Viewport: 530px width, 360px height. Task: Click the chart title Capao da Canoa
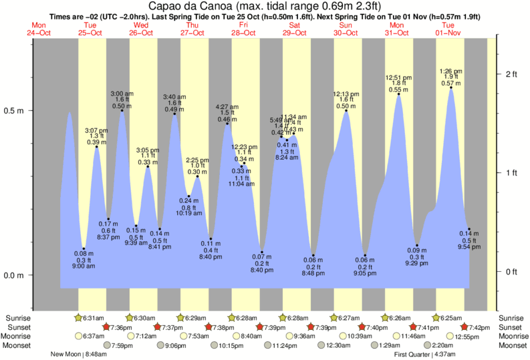click(x=265, y=7)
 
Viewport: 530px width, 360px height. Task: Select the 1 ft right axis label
click(x=511, y=173)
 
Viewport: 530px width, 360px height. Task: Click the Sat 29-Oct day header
click(x=294, y=29)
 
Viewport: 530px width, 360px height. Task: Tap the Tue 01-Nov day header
click(x=448, y=29)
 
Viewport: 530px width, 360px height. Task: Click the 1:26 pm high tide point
click(x=451, y=87)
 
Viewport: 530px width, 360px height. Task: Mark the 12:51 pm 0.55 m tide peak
click(x=399, y=94)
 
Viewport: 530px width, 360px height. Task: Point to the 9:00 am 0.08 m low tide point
click(x=84, y=249)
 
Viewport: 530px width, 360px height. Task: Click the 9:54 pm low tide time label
click(x=468, y=247)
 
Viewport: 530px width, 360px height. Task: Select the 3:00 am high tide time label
click(x=122, y=93)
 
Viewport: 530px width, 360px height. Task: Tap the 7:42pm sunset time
click(x=485, y=327)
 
